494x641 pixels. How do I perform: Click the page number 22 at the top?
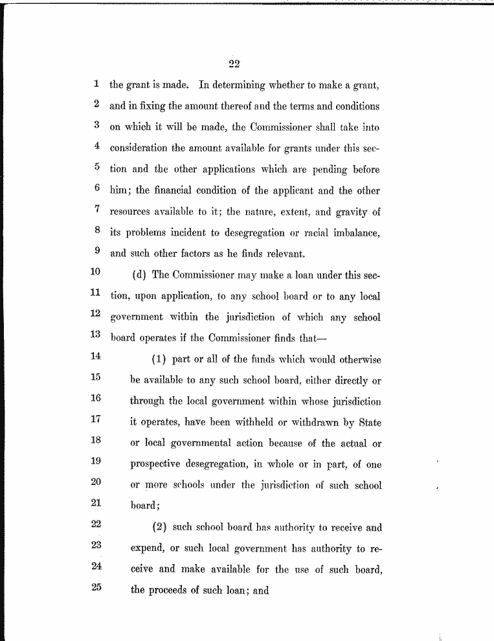(x=234, y=63)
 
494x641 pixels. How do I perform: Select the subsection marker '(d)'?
(x=140, y=274)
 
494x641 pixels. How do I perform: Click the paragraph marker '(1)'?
(x=160, y=359)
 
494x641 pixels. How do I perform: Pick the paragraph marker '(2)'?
(x=160, y=527)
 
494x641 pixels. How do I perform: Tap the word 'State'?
(x=367, y=422)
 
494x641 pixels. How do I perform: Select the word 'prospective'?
(x=160, y=465)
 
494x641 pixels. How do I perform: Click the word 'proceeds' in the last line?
(x=175, y=591)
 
